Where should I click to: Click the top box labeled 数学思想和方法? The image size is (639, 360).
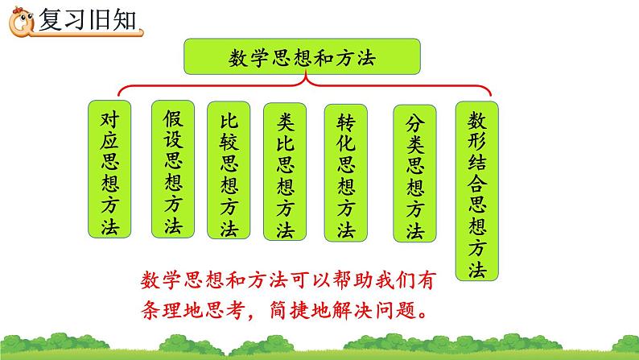pos(303,58)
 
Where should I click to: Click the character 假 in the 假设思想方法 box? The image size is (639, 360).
pos(172,118)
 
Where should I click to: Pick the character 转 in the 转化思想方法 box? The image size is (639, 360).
pos(345,123)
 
